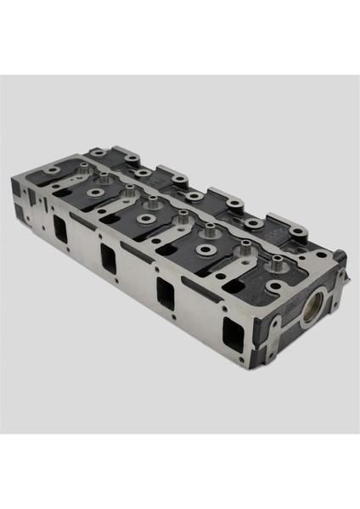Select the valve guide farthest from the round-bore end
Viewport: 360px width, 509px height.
pos(84,166)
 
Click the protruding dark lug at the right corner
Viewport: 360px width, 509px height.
pos(340,255)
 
